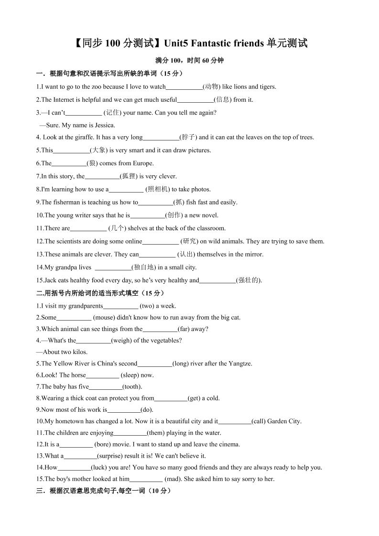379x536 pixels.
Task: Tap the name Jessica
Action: pos(105,125)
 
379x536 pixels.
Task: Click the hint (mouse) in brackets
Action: pos(107,317)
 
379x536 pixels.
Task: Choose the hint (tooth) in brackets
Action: pos(132,386)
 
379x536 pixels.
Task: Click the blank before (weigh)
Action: pos(93,341)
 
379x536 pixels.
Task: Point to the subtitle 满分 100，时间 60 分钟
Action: pos(189,61)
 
